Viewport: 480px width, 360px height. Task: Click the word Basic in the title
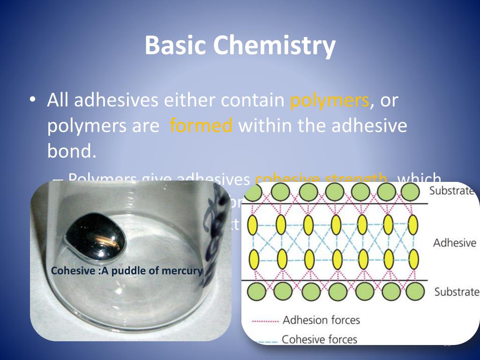(174, 45)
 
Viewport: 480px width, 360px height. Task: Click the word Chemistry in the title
(274, 45)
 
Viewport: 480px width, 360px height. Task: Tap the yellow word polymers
(330, 100)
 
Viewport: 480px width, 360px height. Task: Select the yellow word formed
(201, 126)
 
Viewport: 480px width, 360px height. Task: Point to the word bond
(72, 151)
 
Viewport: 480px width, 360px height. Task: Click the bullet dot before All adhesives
(31, 101)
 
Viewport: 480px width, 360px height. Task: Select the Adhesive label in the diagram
(454, 243)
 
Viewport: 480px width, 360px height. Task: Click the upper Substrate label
(452, 191)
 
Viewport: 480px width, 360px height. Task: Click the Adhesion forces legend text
(321, 320)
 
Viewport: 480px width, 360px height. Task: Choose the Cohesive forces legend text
(319, 339)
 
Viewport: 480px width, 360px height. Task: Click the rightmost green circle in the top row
(411, 192)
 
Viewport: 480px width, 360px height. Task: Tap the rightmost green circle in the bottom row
(414, 291)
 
